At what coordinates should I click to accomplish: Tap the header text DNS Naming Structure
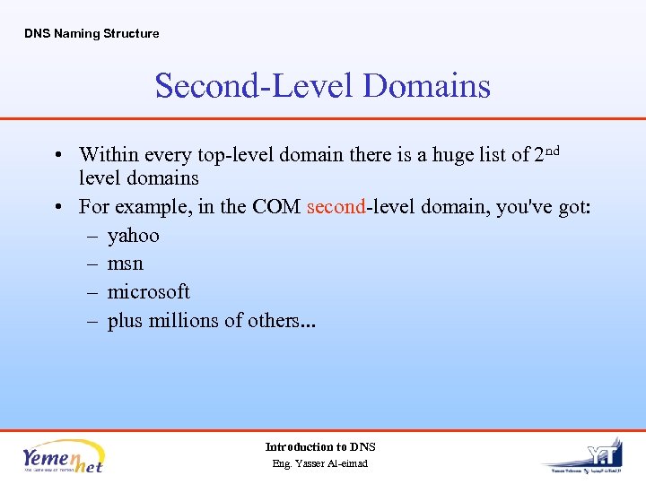point(92,33)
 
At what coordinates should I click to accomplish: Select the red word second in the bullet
point(336,207)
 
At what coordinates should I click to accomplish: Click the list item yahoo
point(133,236)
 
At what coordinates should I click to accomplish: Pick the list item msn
point(126,264)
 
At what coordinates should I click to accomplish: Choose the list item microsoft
point(149,291)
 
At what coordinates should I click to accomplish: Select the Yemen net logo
point(64,455)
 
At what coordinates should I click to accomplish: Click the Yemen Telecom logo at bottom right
point(588,457)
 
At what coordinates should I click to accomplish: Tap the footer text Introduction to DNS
point(320,446)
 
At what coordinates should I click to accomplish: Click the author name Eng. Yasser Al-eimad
point(320,463)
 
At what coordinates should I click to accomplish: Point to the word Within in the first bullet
point(109,155)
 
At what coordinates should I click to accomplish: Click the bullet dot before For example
point(57,207)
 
